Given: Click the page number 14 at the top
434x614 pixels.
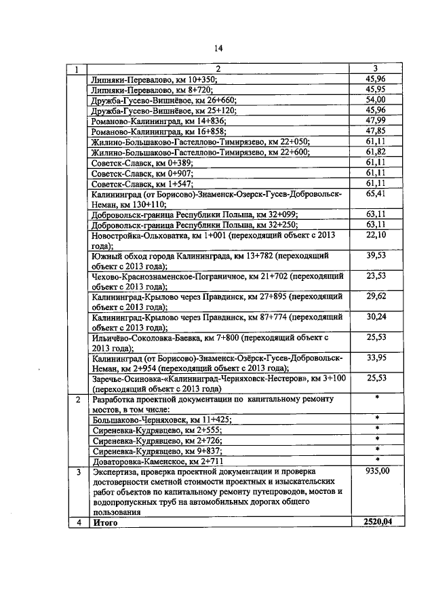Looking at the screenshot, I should pyautogui.click(x=218, y=47).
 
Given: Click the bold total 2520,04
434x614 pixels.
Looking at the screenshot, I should pyautogui.click(x=376, y=522).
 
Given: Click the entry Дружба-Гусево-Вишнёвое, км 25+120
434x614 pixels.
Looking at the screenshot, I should pyautogui.click(x=155, y=110).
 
